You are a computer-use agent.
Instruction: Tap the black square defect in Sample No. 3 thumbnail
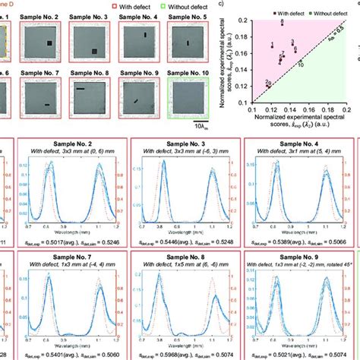tap(94, 52)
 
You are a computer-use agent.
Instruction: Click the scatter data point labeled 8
tap(282, 25)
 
